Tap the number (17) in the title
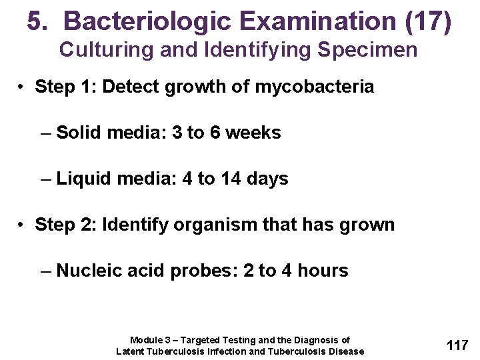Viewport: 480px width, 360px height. coord(428,22)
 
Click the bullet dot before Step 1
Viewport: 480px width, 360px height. coord(22,87)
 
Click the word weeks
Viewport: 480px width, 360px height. coord(253,133)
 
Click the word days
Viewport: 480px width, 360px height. coord(267,179)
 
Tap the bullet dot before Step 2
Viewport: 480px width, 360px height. coord(22,225)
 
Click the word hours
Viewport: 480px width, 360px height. coord(323,271)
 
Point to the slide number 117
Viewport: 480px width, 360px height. coord(457,345)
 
